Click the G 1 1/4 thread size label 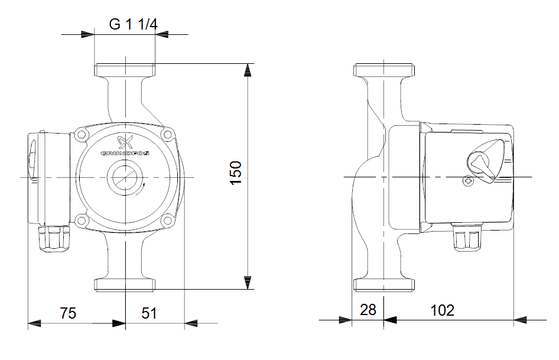(133, 25)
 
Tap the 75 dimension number (68, 313)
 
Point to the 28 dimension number (368, 310)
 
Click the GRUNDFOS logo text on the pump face (125, 153)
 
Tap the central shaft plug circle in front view (125, 177)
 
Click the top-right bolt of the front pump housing (169, 135)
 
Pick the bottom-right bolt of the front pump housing (169, 220)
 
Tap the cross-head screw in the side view (468, 181)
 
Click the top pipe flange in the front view (125, 70)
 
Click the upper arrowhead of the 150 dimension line (248, 71)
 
